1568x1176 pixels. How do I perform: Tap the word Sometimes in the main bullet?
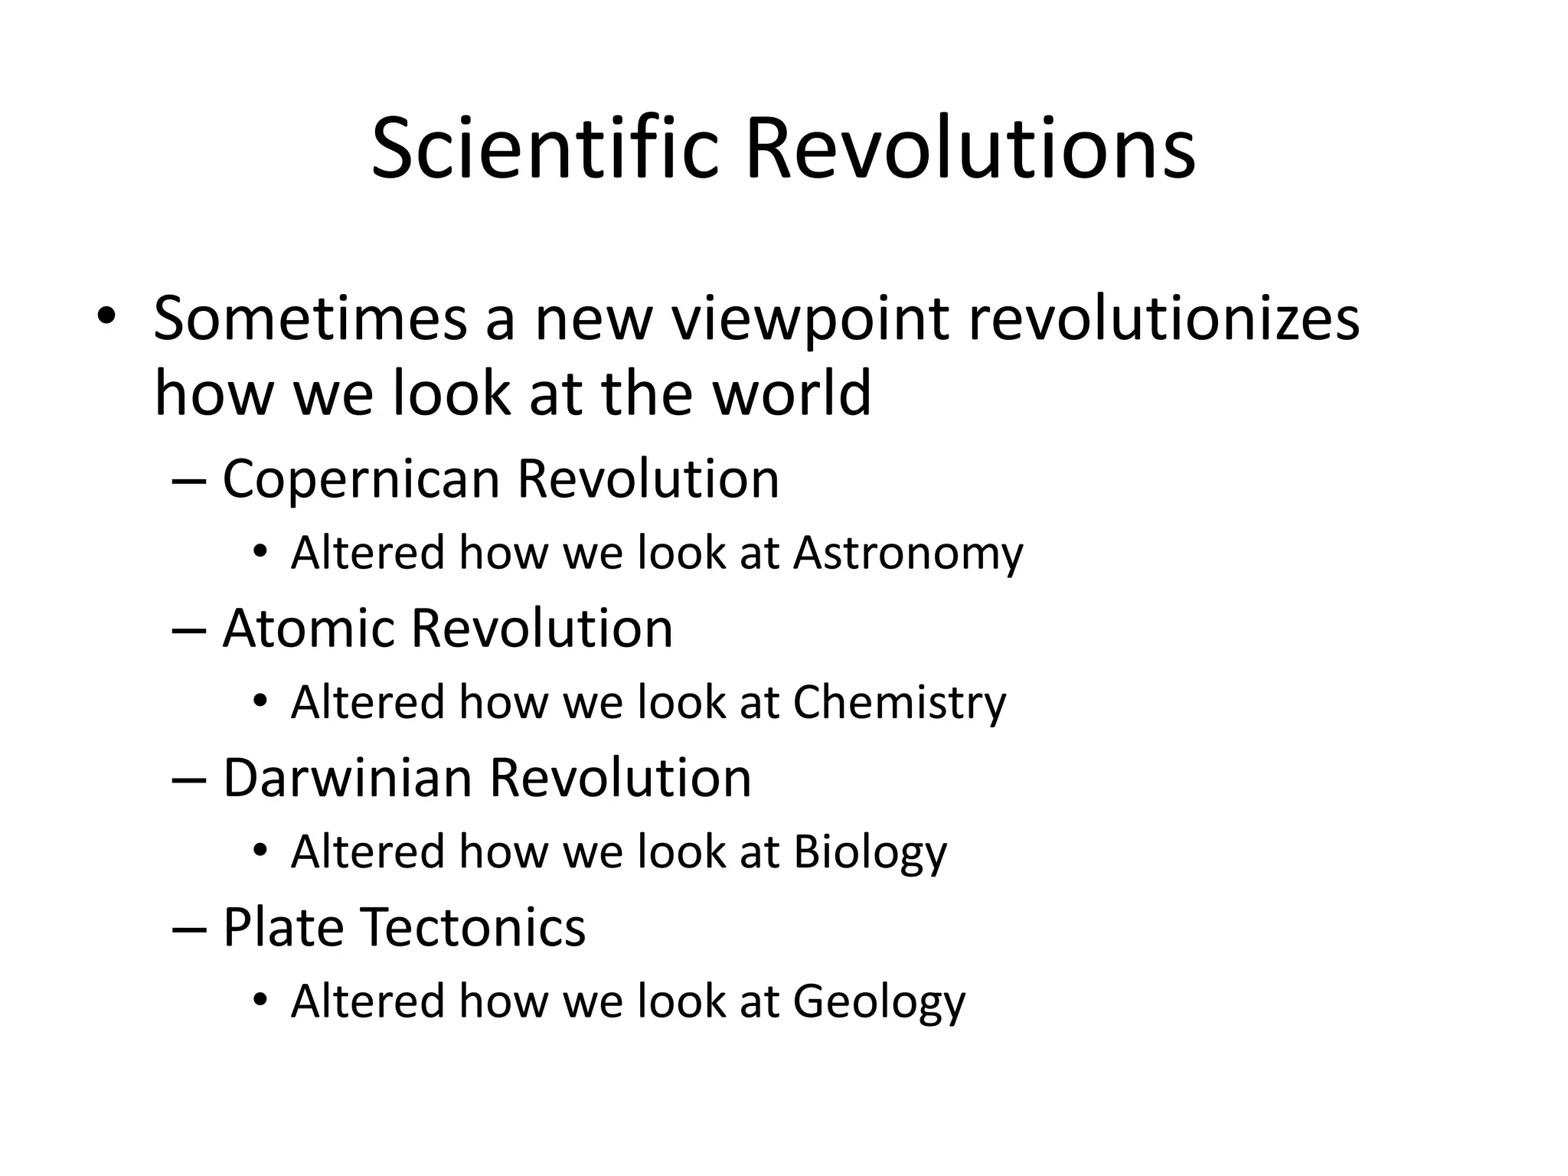[x=309, y=318]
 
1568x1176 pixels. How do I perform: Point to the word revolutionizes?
[x=1164, y=318]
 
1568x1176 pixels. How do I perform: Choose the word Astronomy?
[x=908, y=554]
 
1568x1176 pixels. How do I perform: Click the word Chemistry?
[x=900, y=703]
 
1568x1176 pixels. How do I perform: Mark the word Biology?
[x=871, y=853]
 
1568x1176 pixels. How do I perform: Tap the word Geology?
[x=879, y=1002]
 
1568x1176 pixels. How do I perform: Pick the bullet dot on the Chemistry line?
[x=261, y=701]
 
